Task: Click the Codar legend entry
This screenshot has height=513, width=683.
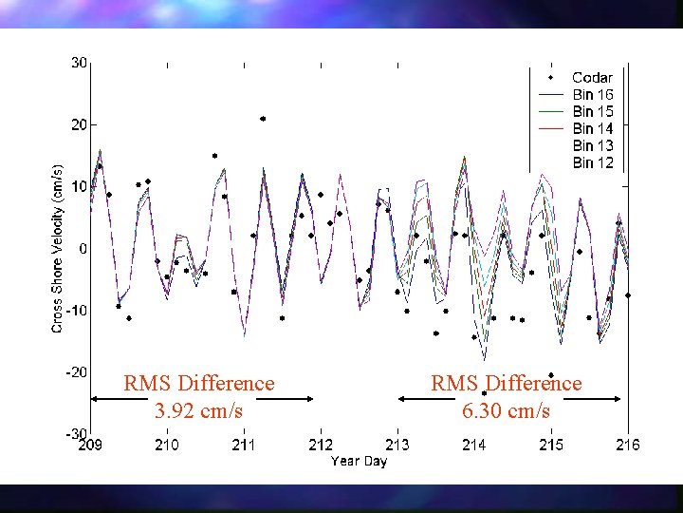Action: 592,77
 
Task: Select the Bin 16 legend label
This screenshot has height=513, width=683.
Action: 593,94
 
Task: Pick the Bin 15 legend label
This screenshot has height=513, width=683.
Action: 593,111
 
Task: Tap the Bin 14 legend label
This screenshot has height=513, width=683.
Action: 593,128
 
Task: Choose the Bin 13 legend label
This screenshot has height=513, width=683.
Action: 593,145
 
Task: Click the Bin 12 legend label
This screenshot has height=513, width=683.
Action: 593,162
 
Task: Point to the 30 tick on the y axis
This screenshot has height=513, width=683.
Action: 79,63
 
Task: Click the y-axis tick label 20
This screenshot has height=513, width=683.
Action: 79,124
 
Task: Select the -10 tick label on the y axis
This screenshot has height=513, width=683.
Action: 76,311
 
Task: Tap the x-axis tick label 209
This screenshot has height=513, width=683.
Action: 90,445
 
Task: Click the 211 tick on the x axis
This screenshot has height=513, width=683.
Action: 244,445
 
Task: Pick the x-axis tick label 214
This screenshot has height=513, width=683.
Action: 474,445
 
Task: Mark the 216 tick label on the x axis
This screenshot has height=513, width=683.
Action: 627,445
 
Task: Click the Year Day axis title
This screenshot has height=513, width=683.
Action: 359,462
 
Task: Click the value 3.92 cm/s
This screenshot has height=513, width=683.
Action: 198,411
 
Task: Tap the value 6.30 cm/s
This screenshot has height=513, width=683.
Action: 506,411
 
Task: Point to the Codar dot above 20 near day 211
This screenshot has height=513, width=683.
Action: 263,119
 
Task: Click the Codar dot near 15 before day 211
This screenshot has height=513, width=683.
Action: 215,156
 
